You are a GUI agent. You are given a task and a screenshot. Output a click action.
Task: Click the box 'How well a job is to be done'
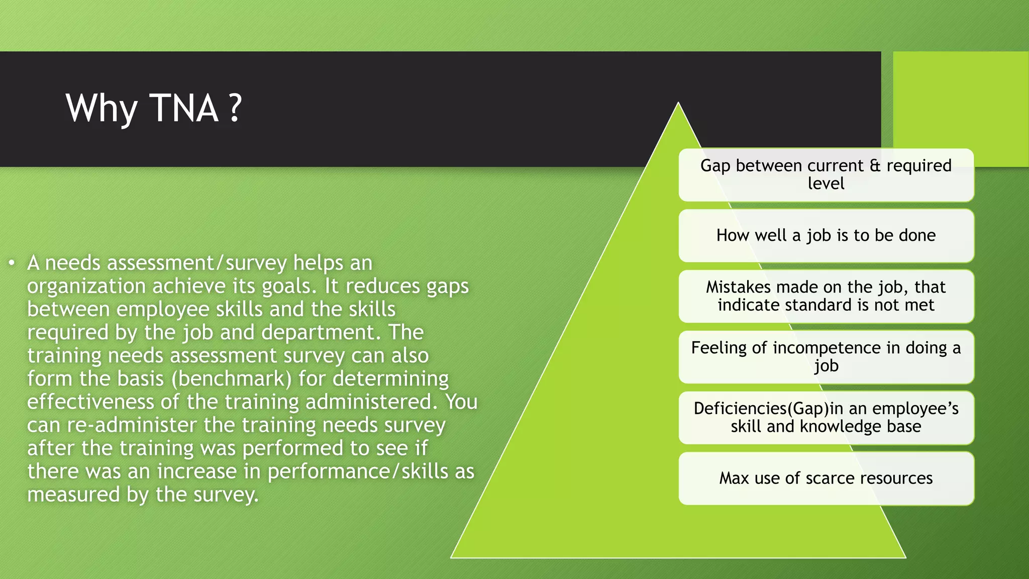click(826, 235)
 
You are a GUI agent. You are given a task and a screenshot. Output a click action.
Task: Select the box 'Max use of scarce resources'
click(826, 478)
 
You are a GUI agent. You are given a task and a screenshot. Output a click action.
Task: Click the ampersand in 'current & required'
click(875, 166)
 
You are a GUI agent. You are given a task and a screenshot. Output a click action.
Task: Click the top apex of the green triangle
click(678, 104)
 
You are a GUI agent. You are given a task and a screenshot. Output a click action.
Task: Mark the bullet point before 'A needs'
click(12, 263)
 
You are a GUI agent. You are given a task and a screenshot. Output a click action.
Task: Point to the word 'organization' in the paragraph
click(86, 286)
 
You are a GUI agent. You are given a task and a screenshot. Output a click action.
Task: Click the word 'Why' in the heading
click(101, 109)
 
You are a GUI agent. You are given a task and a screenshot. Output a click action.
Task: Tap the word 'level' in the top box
click(826, 184)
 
